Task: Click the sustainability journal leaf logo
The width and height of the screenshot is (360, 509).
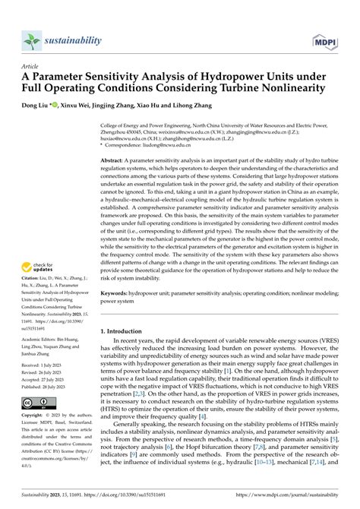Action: pyautogui.click(x=31, y=40)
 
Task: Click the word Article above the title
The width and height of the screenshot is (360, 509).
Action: pyautogui.click(x=33, y=66)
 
